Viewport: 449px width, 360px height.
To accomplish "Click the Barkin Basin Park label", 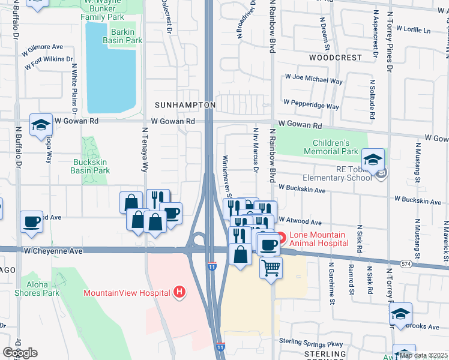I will click(x=125, y=36).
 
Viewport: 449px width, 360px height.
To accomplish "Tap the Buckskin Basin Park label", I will click(x=91, y=166).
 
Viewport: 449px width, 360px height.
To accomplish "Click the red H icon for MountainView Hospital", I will click(x=178, y=292).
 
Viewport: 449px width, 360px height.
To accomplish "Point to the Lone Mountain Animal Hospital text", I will click(x=318, y=239).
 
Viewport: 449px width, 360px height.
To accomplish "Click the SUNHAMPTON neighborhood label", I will click(x=185, y=105).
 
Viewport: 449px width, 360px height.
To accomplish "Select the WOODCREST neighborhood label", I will click(x=336, y=58).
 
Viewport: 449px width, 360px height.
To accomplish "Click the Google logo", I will click(x=20, y=353).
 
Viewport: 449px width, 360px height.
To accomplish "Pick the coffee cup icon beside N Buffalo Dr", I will click(x=31, y=221).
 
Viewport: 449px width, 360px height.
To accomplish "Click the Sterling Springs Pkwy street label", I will click(x=310, y=342).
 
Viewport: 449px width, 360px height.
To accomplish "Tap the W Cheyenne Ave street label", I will click(x=52, y=251).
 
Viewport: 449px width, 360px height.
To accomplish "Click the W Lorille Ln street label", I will click(x=411, y=29).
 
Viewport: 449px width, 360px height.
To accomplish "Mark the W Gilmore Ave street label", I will click(x=43, y=47).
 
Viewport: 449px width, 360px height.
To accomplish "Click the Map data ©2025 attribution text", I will click(x=423, y=355).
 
